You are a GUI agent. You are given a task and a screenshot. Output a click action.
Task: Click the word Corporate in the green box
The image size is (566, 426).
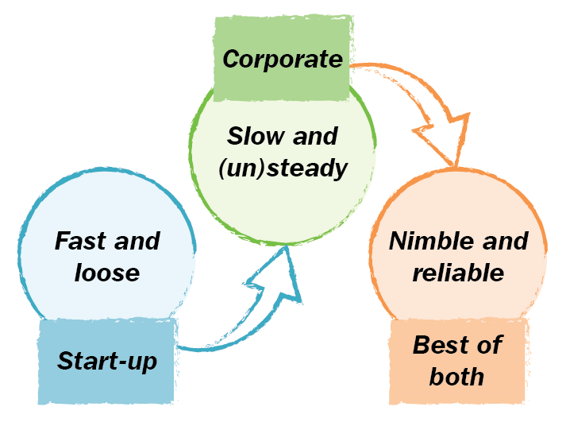click(283, 59)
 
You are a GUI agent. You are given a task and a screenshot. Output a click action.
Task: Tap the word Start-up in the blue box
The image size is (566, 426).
click(107, 361)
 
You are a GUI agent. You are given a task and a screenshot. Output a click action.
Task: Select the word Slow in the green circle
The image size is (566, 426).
click(254, 136)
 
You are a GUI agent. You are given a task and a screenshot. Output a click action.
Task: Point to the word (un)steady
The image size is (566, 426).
click(283, 168)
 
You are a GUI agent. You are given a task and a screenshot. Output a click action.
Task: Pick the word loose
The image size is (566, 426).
click(107, 273)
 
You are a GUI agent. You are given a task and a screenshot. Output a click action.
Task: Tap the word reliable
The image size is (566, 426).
click(458, 273)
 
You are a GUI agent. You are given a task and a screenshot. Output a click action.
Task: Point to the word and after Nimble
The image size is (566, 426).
click(502, 241)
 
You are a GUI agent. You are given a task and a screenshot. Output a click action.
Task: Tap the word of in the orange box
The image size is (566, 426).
click(491, 345)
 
